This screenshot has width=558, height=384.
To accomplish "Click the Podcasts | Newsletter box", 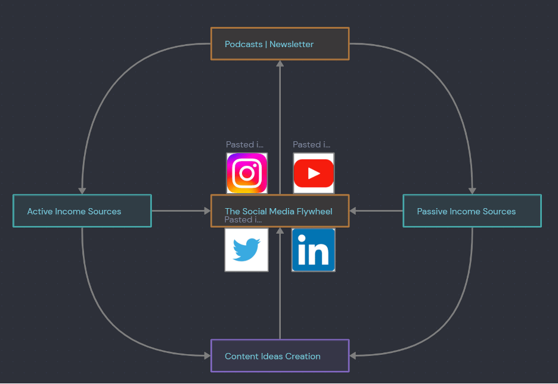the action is coord(280,44).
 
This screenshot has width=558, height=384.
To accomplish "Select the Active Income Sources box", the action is coord(82,210).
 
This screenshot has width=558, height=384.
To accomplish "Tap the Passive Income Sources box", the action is coord(472,210).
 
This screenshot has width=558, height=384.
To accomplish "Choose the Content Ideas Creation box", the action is coord(280,356).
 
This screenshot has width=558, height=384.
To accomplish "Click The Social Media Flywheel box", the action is coord(280,210).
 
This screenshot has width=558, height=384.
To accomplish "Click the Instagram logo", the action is coord(247,174).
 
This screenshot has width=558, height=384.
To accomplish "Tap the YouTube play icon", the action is coord(314,174).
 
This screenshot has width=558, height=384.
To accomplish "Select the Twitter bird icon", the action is coord(247,250).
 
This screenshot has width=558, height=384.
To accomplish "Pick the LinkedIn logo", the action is coord(314,250).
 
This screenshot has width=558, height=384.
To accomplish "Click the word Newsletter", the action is coord(292,44).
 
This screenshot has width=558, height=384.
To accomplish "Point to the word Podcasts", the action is coord(244,44).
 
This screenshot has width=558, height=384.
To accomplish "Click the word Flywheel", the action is coord(315,212).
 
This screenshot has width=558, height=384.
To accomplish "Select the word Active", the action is coord(39,212).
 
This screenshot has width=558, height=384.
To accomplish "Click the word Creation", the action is coord(303,356).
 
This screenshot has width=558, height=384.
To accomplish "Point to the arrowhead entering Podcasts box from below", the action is coord(280,64).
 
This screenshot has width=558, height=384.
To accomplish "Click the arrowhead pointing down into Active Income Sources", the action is coord(82,191).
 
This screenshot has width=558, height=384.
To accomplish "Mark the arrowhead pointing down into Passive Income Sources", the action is coord(472,191).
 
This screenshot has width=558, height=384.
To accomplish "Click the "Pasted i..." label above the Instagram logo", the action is coord(245,144).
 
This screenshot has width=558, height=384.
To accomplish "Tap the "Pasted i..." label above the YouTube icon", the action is coord(312,144).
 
